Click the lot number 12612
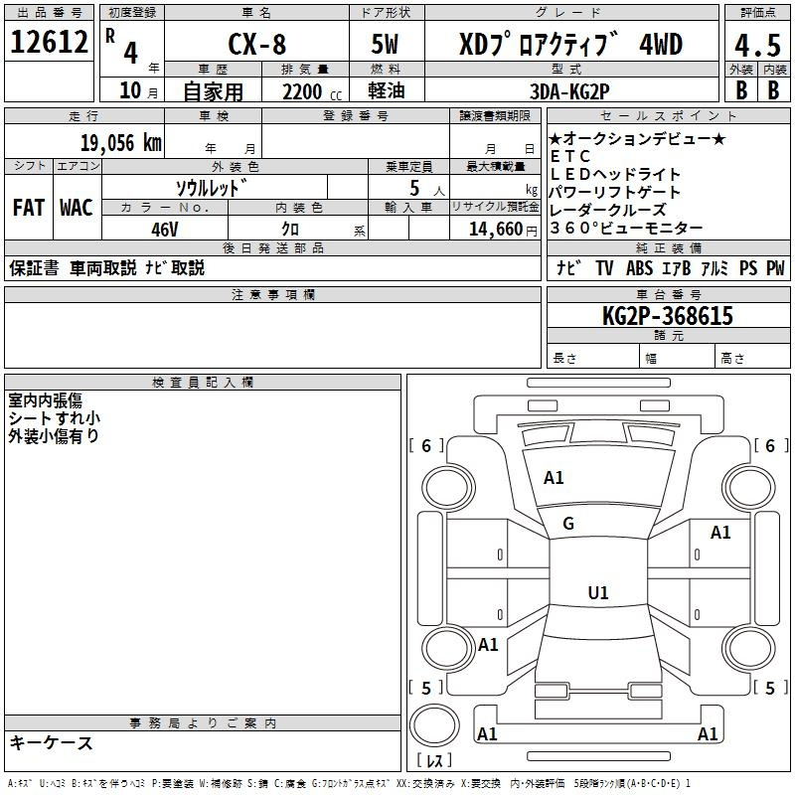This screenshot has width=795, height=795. tap(49, 42)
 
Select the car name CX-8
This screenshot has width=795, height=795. tap(257, 44)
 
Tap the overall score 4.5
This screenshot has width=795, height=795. tap(757, 45)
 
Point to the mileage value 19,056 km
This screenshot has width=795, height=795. tap(121, 143)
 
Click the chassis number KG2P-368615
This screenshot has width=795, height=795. tap(667, 316)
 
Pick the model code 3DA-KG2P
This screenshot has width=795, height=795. tap(569, 91)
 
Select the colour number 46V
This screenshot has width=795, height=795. tap(165, 230)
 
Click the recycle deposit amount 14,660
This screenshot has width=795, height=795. tap(496, 230)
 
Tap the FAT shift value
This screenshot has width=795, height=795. tap(29, 208)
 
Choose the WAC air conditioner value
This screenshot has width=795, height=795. tap(77, 208)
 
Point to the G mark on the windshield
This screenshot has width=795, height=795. tap(568, 524)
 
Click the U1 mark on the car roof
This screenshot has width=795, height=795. tap(598, 592)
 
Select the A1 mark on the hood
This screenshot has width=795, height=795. tap(554, 478)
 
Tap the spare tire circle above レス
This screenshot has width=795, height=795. tap(434, 725)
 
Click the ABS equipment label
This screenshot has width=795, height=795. tap(639, 268)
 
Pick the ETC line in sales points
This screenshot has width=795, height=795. tap(570, 156)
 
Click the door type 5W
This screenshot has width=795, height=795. tap(385, 44)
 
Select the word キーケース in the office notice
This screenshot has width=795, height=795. tap(52, 742)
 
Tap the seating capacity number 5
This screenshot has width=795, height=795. tap(414, 188)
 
